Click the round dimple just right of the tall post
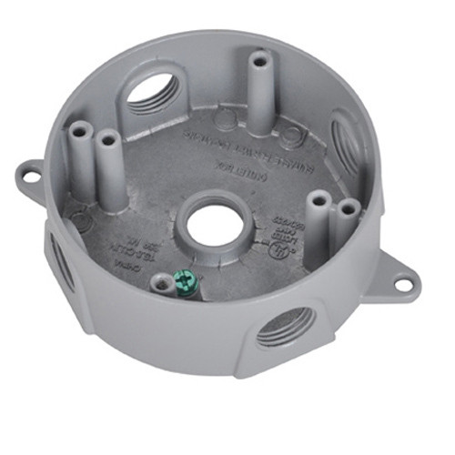(x=290, y=135)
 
